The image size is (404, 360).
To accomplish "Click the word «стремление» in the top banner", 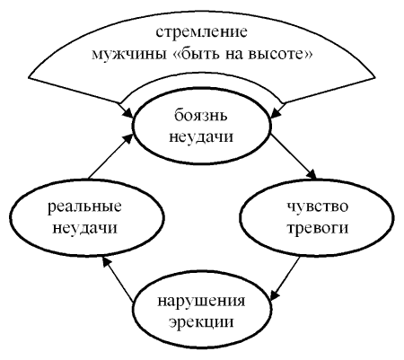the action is click(x=201, y=32).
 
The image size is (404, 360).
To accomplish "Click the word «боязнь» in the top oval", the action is click(x=201, y=115).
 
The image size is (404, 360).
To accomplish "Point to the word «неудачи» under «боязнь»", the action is click(x=201, y=137).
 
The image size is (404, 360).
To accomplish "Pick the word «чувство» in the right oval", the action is click(x=318, y=206).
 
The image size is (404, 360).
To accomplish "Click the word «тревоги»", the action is click(x=318, y=228).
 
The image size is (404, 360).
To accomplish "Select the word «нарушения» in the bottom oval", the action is click(x=201, y=302).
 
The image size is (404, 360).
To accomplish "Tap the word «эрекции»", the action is click(x=201, y=322).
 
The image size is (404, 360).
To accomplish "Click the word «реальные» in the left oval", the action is click(x=84, y=206).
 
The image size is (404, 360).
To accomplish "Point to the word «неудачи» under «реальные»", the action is click(x=84, y=228).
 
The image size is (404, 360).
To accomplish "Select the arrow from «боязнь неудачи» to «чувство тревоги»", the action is click(x=294, y=156).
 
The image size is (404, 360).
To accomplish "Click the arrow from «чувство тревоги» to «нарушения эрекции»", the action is click(x=285, y=277).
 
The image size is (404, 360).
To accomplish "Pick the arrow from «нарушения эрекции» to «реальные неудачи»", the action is click(x=117, y=279).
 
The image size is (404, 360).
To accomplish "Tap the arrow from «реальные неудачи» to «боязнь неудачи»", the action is click(x=111, y=156).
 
